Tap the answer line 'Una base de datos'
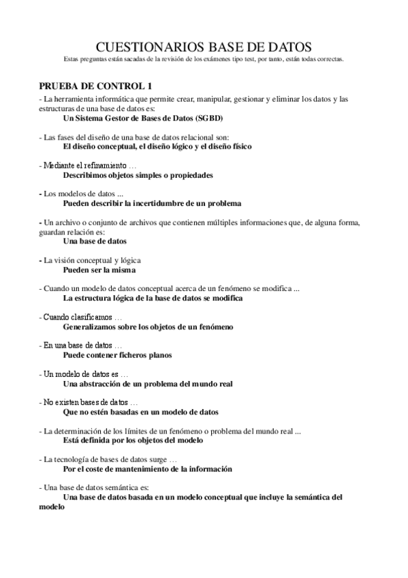coord(95,241)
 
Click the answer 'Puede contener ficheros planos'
coord(117,355)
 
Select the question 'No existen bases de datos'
coord(88,403)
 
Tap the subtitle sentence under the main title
coord(204,59)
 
